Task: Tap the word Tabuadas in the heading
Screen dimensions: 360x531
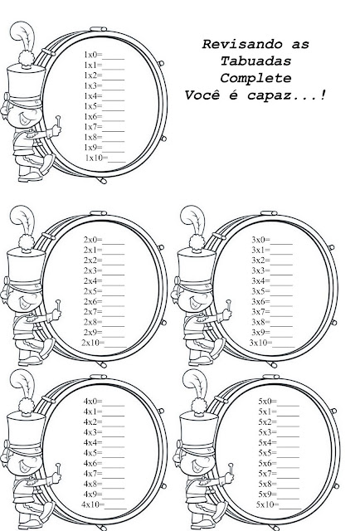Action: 255,61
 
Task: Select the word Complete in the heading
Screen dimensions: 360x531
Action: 255,78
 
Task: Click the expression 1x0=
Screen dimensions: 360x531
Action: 93,55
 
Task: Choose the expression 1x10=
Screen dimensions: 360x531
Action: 96,158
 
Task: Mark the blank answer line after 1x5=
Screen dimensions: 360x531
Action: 114,110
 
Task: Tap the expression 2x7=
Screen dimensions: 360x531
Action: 93,312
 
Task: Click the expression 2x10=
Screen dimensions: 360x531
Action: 93,343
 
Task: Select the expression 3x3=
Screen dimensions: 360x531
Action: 260,270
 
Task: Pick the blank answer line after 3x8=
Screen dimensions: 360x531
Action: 281,325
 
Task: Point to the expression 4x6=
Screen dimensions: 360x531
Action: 93,463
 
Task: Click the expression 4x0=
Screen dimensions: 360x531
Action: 93,402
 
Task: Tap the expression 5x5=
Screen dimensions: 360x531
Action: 268,453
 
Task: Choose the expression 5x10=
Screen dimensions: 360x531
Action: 268,504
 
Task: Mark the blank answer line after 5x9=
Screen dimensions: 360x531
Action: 288,498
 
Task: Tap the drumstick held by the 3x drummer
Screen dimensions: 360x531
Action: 229,305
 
